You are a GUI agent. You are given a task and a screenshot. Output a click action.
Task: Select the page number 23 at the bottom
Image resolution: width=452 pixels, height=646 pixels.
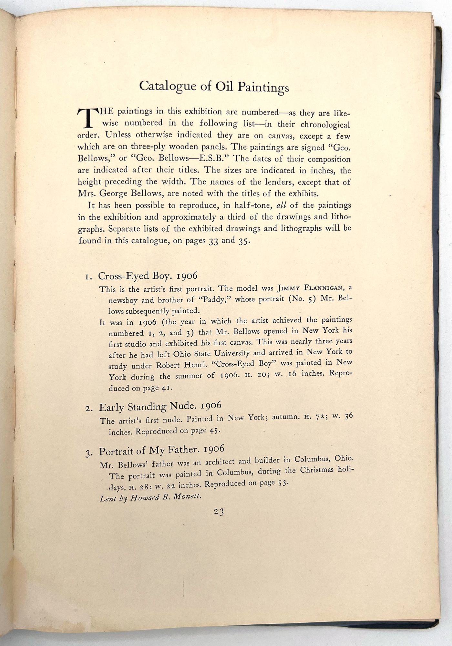pyautogui.click(x=219, y=512)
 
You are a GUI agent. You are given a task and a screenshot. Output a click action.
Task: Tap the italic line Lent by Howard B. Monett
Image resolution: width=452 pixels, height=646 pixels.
pyautogui.click(x=151, y=497)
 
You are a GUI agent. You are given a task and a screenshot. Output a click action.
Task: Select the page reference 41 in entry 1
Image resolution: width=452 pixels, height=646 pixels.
pyautogui.click(x=165, y=388)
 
